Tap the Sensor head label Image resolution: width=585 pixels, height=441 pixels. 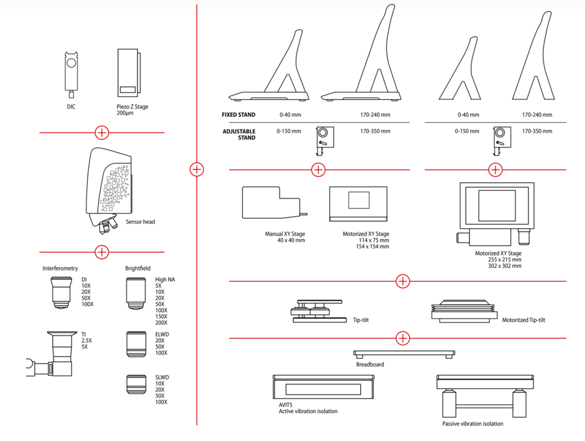click(140, 221)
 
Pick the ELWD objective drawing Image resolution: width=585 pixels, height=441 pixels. click(135, 344)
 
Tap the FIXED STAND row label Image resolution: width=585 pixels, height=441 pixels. click(238, 115)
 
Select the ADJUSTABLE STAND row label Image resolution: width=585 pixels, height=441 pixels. click(239, 135)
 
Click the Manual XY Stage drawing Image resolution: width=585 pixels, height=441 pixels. click(271, 203)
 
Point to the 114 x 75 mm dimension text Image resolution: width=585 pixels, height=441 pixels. click(366, 240)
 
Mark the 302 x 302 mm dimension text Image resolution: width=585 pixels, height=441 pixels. click(505, 265)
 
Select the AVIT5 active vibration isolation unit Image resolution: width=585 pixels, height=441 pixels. click(323, 388)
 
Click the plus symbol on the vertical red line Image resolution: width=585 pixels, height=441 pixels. click(197, 169)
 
